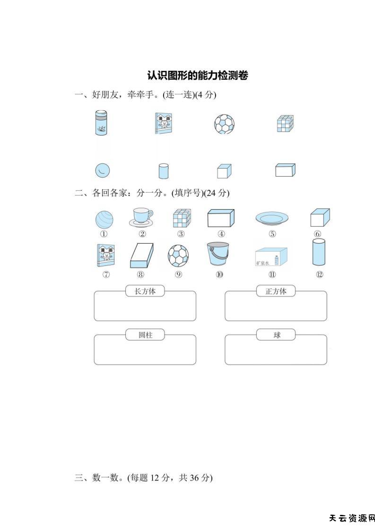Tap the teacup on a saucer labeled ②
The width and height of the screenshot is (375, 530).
pyautogui.click(x=141, y=217)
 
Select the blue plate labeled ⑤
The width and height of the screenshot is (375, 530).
pyautogui.click(x=272, y=218)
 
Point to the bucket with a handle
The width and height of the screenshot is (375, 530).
pyautogui.click(x=218, y=255)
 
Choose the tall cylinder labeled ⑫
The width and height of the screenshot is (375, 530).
pyautogui.click(x=319, y=253)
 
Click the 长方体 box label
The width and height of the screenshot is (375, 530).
pyautogui.click(x=145, y=291)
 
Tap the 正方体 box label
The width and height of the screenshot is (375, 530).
pyautogui.click(x=276, y=291)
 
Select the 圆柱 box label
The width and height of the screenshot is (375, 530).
pyautogui.click(x=145, y=335)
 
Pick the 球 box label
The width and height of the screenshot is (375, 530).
pyautogui.click(x=276, y=335)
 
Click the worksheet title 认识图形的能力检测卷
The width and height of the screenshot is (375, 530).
pyautogui.click(x=198, y=75)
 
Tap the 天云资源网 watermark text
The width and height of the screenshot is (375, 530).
pyautogui.click(x=351, y=518)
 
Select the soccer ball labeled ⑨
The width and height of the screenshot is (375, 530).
pyautogui.click(x=178, y=255)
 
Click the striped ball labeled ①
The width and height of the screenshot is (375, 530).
pyautogui.click(x=104, y=219)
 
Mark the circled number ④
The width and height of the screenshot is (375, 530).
pyautogui.click(x=221, y=233)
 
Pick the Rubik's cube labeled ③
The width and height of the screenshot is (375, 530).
pyautogui.click(x=181, y=218)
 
